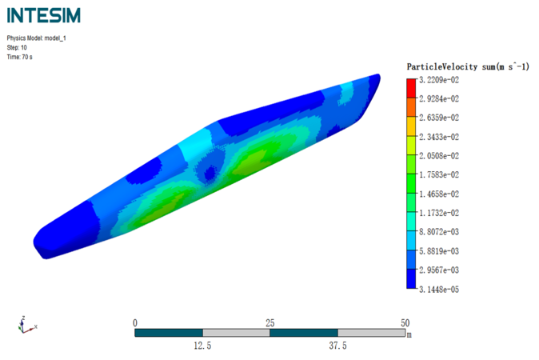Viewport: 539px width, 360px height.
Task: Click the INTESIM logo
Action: (44, 15)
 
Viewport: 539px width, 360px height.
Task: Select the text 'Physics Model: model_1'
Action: (37, 38)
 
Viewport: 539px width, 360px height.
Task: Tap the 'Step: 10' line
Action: (17, 47)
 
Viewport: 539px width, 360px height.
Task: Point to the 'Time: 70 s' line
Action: (20, 57)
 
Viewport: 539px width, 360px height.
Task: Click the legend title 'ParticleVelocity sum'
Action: (442, 66)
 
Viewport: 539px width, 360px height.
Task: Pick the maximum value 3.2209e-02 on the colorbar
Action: (439, 80)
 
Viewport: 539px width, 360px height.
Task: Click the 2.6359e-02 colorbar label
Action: (439, 118)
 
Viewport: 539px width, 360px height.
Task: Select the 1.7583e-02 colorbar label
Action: (439, 175)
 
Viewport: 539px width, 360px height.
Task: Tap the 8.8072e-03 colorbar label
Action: (439, 232)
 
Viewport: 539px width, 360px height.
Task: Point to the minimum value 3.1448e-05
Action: (439, 290)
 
